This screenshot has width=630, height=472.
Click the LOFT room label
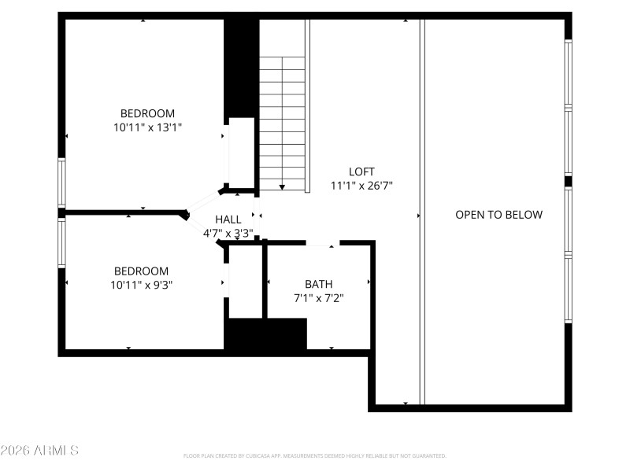click(361, 171)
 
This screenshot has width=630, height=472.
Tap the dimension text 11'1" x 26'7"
click(361, 186)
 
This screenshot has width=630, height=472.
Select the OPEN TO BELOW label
click(498, 215)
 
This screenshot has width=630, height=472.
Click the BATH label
click(318, 284)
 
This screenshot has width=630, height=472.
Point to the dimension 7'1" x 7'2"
click(318, 298)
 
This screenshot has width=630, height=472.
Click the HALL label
click(228, 219)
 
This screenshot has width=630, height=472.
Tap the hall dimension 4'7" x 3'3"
click(228, 233)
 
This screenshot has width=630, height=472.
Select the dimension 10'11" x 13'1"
click(147, 127)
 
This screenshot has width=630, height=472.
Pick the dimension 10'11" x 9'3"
click(142, 285)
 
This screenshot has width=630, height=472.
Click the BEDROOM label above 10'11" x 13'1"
click(147, 113)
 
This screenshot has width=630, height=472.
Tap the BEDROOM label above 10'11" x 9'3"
click(142, 271)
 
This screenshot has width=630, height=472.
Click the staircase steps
click(282, 118)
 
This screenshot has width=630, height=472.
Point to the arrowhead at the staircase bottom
click(282, 186)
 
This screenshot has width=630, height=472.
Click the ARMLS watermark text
click(39, 451)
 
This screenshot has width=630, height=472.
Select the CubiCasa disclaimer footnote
click(314, 456)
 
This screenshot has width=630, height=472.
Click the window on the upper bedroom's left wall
click(61, 183)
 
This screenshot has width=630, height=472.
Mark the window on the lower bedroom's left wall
click(61, 243)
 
